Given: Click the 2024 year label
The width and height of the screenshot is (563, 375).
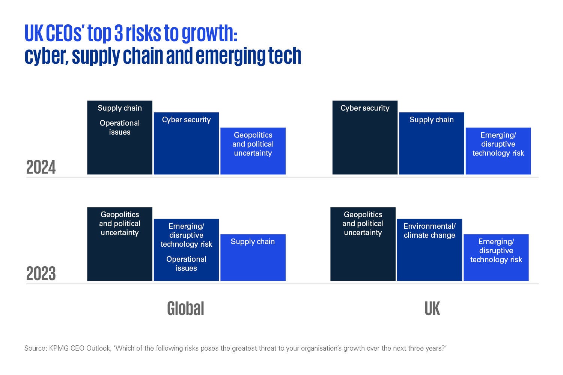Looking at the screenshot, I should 41,167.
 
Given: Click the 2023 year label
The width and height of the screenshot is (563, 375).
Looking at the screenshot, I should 41,274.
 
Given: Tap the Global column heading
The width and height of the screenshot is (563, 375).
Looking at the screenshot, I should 185,309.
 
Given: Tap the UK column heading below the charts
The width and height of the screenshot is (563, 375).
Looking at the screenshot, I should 432,309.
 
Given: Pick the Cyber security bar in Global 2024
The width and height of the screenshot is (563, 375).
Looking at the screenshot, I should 186,146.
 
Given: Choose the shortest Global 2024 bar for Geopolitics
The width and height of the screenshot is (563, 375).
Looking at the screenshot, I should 253,161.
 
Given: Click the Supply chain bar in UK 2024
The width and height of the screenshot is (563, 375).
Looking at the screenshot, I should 432,146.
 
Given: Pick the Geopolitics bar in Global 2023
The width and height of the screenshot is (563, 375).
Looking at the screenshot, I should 120,255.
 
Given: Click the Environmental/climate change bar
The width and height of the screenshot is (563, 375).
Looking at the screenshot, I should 429,255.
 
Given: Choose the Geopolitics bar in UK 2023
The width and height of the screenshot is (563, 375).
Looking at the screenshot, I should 363,255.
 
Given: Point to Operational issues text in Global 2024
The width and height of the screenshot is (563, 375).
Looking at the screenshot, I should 120,127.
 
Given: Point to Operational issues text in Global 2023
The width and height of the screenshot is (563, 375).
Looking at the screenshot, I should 186,264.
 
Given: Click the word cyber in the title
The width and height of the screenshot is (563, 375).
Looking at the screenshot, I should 46,56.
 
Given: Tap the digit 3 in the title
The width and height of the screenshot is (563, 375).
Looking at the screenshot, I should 119,34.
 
